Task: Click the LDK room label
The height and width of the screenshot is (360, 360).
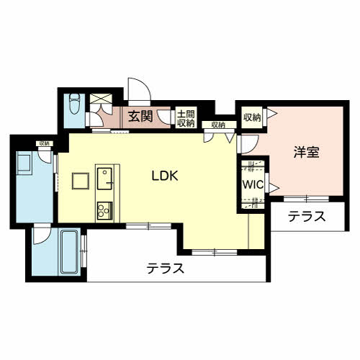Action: click(165, 176)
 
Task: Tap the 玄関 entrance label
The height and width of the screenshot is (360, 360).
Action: click(140, 117)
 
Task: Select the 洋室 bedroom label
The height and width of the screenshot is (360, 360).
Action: click(307, 152)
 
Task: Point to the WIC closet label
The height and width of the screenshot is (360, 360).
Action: click(253, 184)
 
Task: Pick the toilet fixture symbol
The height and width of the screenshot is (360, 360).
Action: click(74, 104)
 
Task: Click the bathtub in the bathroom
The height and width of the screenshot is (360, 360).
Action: click(70, 252)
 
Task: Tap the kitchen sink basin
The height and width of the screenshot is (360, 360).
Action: click(104, 179)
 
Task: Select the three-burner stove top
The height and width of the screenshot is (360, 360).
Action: click(104, 210)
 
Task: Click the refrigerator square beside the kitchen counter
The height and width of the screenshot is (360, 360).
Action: click(81, 181)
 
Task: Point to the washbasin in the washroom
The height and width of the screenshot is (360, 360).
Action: click(24, 163)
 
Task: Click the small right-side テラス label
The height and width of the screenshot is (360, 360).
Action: click(307, 217)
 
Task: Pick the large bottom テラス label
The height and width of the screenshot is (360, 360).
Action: click(166, 268)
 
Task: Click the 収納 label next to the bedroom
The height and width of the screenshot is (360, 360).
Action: click(252, 117)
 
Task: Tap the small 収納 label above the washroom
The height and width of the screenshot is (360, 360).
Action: click(45, 143)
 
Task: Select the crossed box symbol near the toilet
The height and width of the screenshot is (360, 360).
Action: click(101, 99)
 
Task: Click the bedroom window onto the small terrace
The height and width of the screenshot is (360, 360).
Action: click(306, 199)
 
